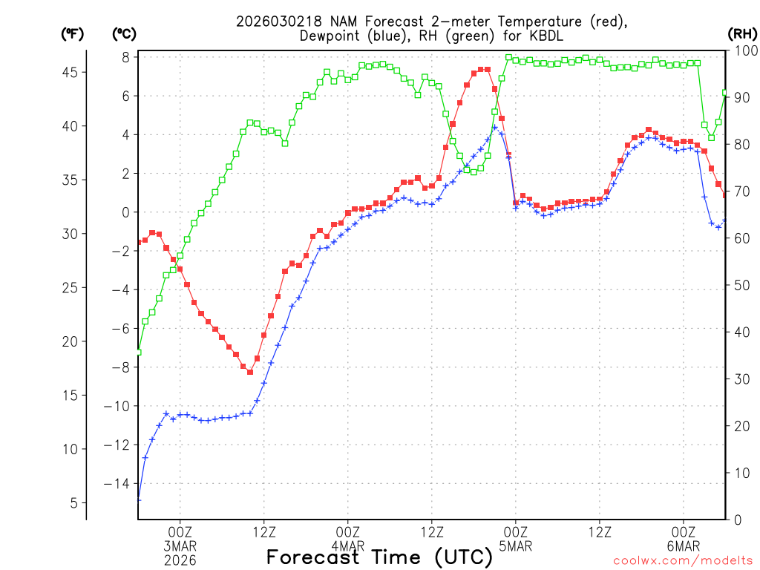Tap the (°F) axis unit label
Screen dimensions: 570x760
[73, 33]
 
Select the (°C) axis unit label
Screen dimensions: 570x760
[124, 33]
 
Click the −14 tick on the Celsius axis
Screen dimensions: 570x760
[119, 484]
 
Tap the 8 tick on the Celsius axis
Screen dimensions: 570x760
[126, 57]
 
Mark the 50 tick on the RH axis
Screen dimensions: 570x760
[739, 285]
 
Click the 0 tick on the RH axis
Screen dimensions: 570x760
[736, 520]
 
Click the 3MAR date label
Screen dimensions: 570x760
[180, 546]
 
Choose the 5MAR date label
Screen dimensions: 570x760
[515, 546]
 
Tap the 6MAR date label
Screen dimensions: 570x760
[683, 546]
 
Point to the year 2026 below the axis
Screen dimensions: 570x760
[180, 560]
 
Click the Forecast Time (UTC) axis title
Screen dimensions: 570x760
[379, 557]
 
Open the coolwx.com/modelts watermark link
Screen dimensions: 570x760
[682, 560]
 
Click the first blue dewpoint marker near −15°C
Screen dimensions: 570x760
[138, 499]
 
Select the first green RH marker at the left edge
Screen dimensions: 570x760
[138, 352]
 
